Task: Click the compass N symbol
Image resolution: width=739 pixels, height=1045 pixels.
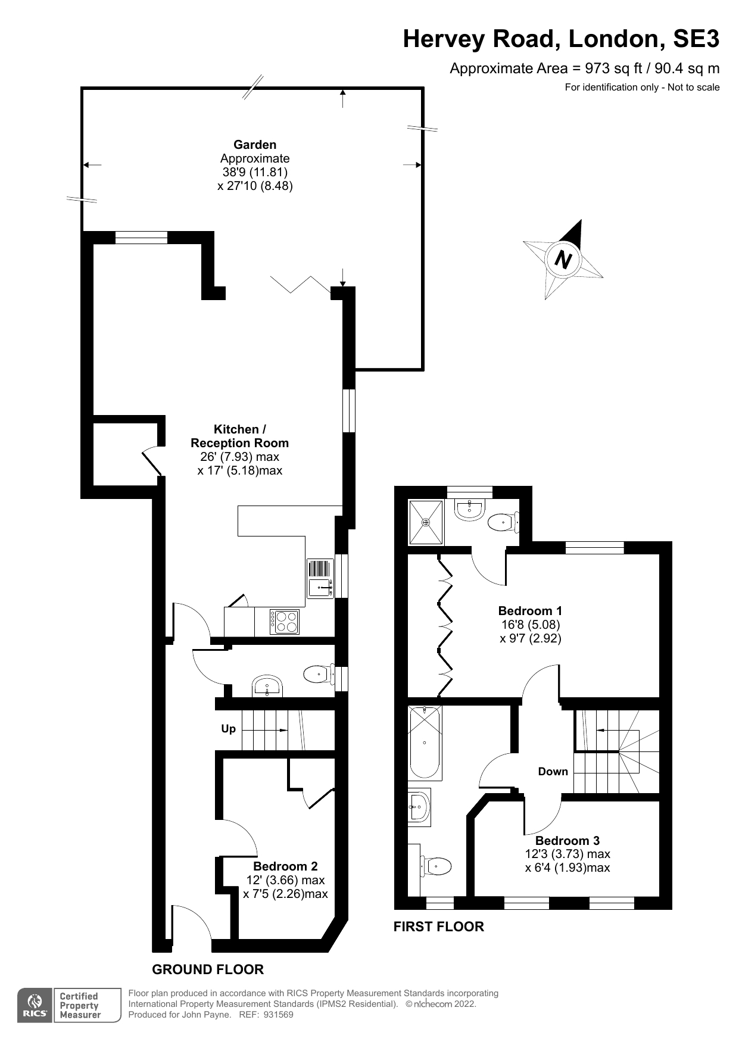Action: (563, 259)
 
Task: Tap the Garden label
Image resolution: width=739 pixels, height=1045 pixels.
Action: (255, 145)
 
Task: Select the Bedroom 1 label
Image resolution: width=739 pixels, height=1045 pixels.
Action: (530, 611)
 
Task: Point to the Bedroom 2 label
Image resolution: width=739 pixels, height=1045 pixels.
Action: (285, 866)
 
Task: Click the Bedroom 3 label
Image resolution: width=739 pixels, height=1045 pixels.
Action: (567, 841)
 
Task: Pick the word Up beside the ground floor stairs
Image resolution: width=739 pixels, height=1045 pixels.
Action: (229, 729)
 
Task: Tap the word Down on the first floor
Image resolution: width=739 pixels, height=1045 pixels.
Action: (553, 772)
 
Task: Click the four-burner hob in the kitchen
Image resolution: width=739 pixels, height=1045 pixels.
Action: (284, 622)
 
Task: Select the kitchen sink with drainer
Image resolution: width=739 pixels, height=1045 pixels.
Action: (320, 578)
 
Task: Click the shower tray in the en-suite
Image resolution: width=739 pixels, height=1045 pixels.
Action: (426, 522)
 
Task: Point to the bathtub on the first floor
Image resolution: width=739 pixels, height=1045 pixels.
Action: (425, 742)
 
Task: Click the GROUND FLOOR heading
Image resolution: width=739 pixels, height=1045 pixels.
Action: (208, 969)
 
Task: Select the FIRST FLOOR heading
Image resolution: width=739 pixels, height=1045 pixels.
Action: (439, 927)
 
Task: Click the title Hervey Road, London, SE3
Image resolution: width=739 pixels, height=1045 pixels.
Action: (561, 39)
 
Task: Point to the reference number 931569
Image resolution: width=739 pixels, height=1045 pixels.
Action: (278, 1015)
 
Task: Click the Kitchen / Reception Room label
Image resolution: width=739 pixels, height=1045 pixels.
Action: (239, 436)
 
